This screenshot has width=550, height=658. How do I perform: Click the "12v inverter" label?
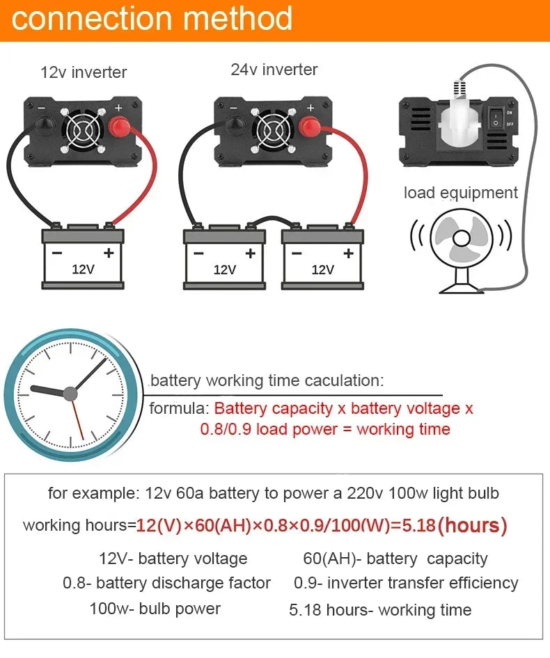pos(84,72)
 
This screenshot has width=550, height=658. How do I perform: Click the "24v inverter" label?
pos(274,70)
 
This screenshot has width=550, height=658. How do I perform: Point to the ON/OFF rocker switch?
pos(497,118)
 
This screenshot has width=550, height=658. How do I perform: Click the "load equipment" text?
pos(460,193)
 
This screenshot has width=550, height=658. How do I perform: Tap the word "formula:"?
pos(179,408)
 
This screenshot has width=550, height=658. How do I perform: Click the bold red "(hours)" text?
pos(473,525)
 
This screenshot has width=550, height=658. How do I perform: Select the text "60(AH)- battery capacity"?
pos(395,559)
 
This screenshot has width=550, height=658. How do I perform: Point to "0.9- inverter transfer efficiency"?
pos(405,583)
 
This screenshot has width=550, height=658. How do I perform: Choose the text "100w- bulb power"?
pos(155,609)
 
